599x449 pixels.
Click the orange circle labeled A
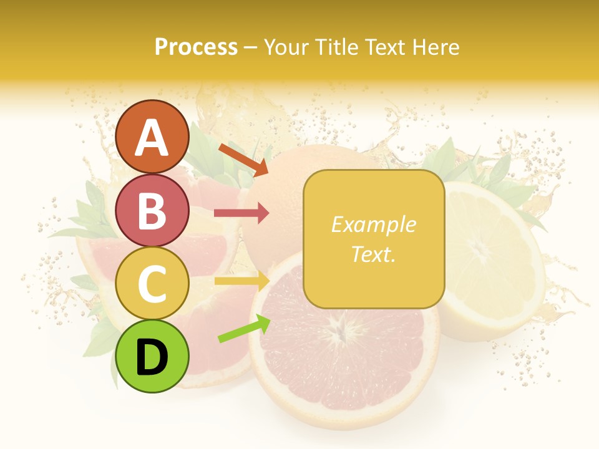(152, 137)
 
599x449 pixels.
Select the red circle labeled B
(152, 210)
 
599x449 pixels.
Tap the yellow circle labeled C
(152, 283)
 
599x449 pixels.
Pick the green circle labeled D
(152, 357)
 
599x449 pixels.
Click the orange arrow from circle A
(243, 159)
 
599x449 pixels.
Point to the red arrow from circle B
(241, 213)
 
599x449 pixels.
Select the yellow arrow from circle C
(241, 281)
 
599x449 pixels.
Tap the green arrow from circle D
(244, 329)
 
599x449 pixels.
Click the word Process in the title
(196, 47)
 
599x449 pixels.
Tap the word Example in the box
(373, 224)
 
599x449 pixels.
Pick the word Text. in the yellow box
(373, 254)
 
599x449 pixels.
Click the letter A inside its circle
(152, 138)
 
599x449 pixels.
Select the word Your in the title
(284, 47)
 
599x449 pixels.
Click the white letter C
(152, 284)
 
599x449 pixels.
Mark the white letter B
(152, 211)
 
